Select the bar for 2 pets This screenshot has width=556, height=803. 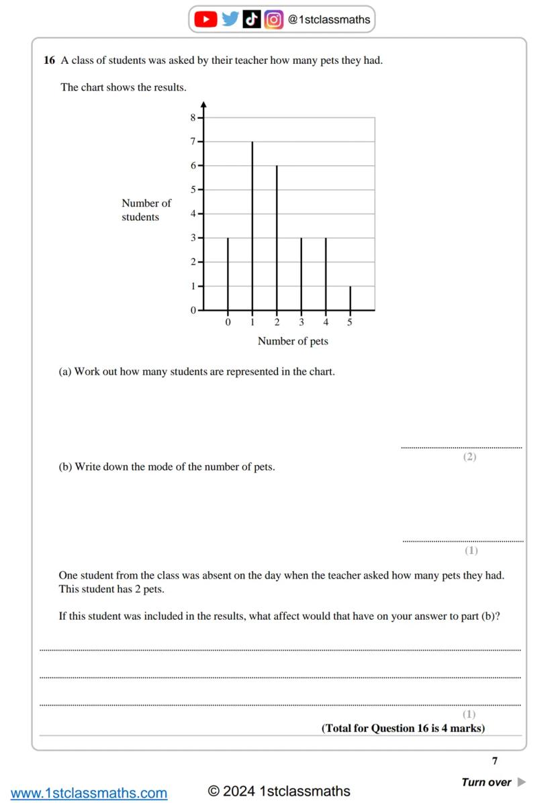point(277,238)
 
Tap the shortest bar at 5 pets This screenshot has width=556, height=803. point(351,298)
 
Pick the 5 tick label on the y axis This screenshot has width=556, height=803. point(193,190)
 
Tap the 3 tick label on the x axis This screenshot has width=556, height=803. point(302,323)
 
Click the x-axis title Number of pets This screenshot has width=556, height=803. point(293,341)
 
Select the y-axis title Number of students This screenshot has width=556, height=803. point(146,209)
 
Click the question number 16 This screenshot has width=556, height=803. point(49,60)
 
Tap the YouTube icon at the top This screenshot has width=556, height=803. point(205,19)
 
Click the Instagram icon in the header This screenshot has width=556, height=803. point(273,19)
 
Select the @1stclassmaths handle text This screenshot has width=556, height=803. point(329,19)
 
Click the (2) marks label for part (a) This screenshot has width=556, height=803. point(469,457)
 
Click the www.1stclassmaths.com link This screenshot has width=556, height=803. point(89,793)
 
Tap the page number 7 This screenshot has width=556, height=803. point(495,761)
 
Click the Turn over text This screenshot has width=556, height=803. point(487,782)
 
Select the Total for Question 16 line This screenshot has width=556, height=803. point(403,728)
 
